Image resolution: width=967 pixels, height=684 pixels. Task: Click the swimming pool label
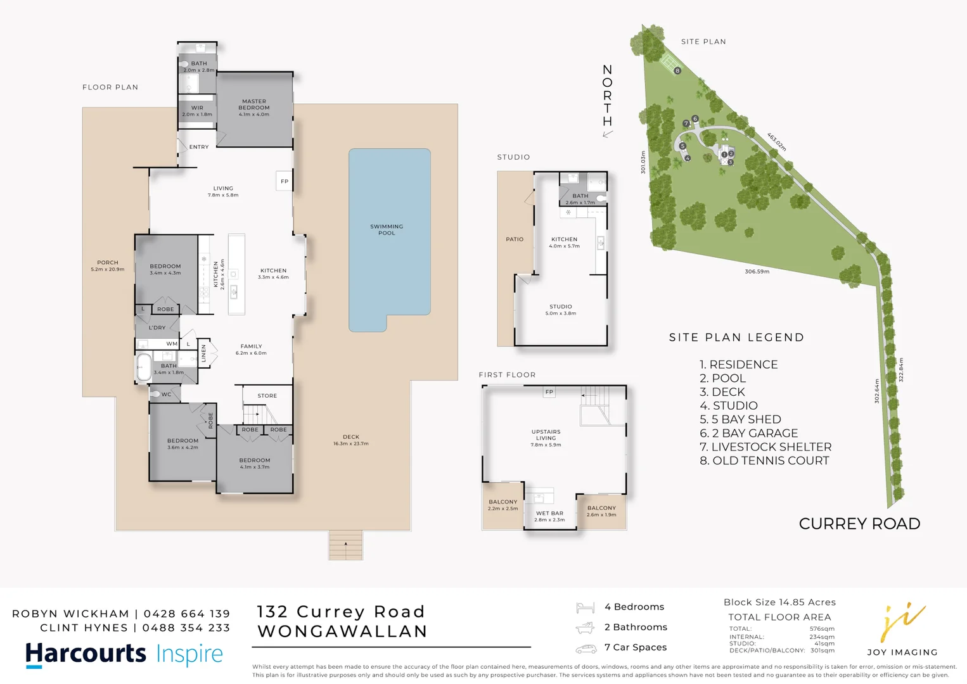[x=387, y=229]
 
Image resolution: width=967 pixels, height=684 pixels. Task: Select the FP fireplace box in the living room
[x=284, y=181]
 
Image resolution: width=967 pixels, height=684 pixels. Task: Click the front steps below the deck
[x=345, y=545]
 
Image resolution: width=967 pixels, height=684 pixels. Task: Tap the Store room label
[x=267, y=396]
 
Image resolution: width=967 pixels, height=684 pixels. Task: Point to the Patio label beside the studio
[x=515, y=239]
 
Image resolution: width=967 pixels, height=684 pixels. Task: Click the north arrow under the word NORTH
[x=608, y=134]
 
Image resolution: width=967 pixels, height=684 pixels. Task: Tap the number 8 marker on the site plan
[x=677, y=71]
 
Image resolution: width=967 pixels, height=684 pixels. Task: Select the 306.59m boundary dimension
[x=757, y=272]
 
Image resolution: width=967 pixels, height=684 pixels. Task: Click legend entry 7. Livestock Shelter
[x=765, y=447]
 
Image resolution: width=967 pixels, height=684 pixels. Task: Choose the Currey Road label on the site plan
[x=859, y=524]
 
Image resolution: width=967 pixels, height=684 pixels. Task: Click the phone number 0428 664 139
[x=187, y=614]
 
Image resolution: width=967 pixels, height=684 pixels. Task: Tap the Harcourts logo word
[x=86, y=654]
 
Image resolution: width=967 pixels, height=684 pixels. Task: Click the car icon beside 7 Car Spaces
[x=586, y=648]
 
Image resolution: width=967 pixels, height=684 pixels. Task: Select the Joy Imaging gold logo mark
[x=901, y=621]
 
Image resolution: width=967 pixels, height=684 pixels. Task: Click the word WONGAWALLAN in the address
[x=342, y=631]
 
